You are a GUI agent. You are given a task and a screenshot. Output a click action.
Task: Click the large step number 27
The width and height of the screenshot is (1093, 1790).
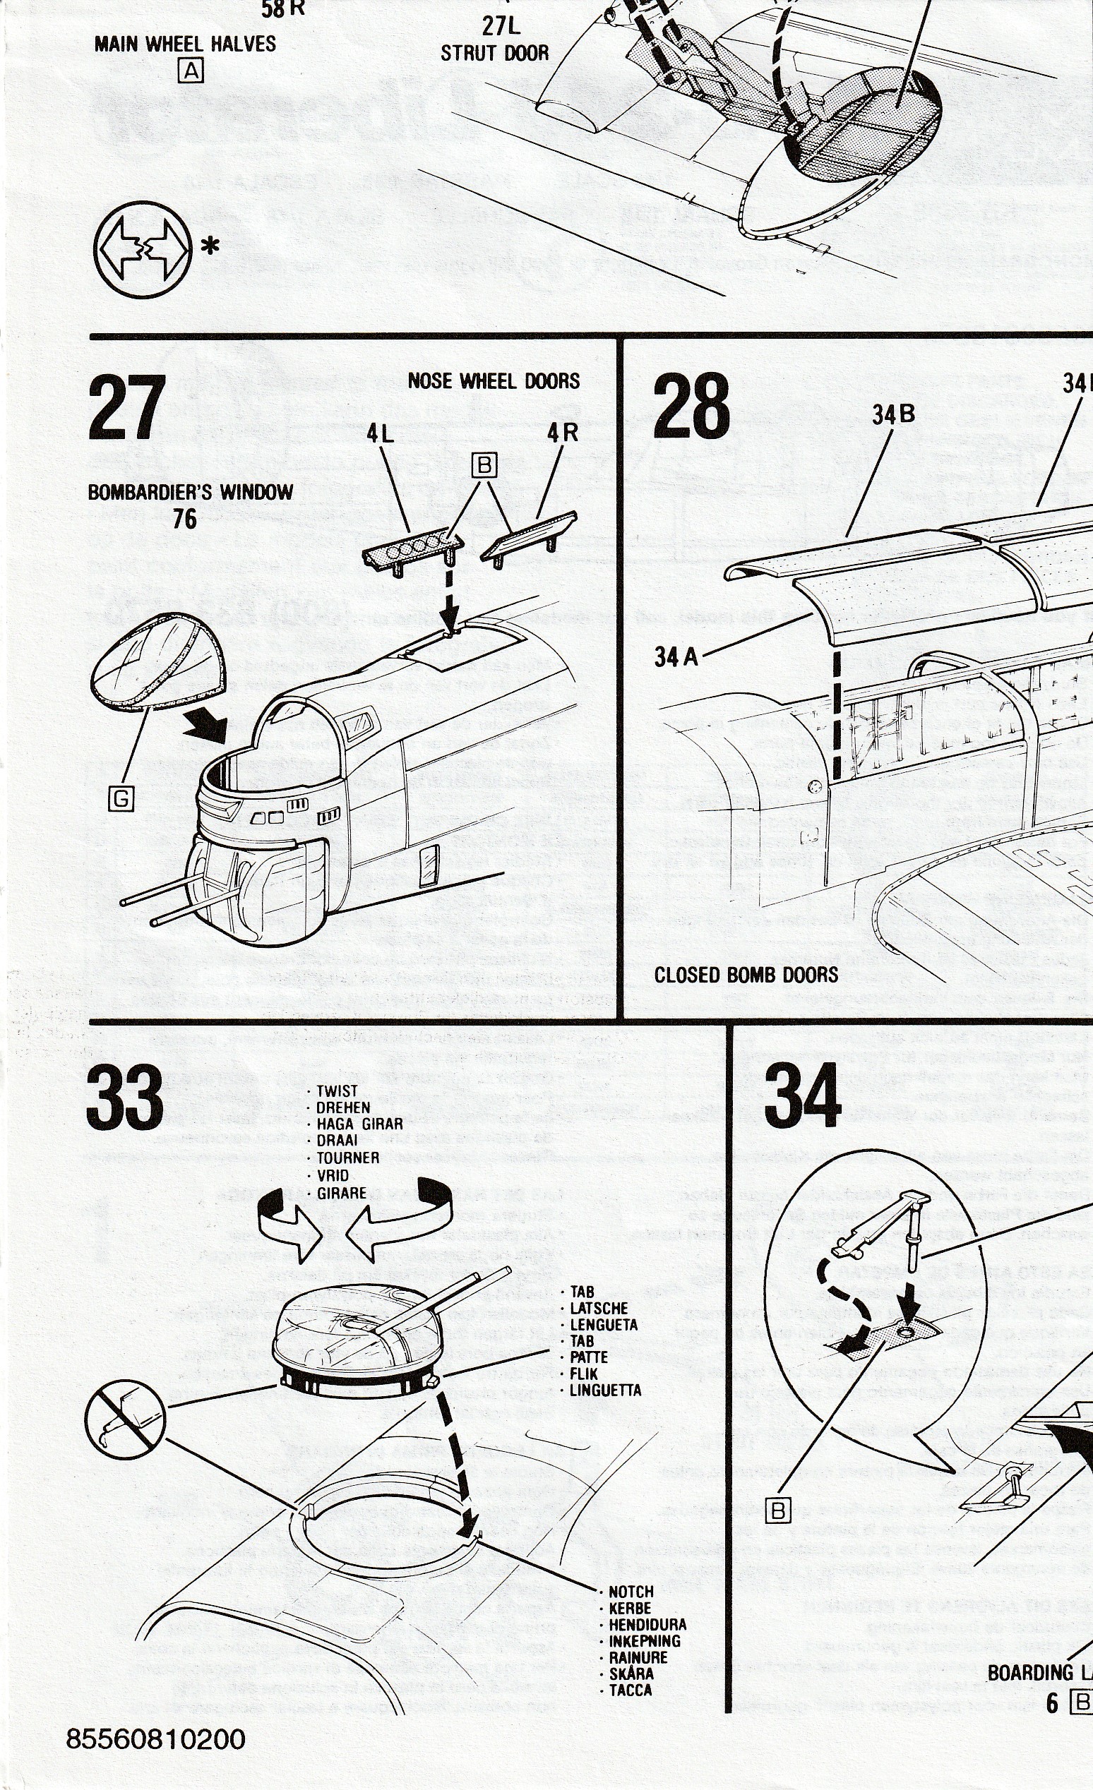point(126,407)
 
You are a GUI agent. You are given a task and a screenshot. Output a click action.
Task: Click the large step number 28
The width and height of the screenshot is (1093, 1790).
point(691,405)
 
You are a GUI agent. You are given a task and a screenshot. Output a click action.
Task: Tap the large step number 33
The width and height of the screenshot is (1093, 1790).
point(125,1097)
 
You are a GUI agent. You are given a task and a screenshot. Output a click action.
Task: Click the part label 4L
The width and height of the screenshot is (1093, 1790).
point(380,433)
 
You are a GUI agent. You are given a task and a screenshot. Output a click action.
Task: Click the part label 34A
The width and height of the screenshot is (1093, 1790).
point(676,657)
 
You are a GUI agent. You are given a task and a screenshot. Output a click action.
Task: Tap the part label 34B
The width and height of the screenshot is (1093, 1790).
point(894,415)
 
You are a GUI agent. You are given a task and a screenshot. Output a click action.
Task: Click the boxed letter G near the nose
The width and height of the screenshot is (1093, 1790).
point(121,799)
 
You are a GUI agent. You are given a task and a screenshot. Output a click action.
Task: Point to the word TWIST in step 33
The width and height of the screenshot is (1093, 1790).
point(337,1091)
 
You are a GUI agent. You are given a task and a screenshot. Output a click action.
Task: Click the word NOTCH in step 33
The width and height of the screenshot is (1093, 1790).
point(631,1592)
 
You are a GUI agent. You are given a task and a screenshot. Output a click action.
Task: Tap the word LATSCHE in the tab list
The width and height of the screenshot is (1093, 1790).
point(599,1308)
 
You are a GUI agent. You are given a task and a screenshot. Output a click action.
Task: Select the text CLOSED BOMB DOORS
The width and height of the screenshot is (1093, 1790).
point(746,975)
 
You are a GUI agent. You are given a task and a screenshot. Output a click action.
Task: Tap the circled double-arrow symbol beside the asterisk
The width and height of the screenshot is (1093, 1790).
point(143,248)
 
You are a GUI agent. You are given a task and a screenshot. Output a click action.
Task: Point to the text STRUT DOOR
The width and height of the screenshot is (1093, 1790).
point(494,53)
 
